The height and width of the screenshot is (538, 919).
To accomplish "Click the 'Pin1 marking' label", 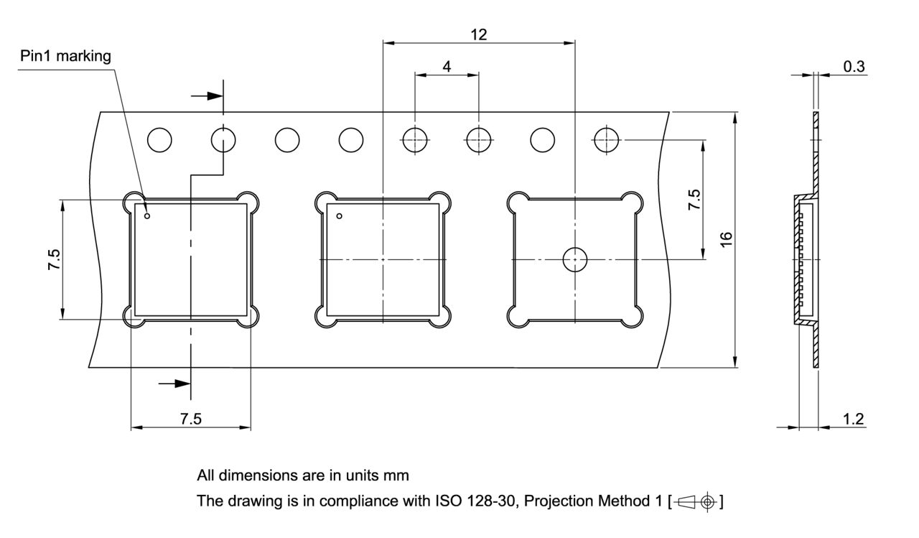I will click(x=65, y=57).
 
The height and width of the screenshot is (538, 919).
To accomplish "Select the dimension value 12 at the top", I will click(x=479, y=34).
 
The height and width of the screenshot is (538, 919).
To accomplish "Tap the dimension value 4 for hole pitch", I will click(x=447, y=66).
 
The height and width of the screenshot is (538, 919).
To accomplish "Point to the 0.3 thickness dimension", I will click(x=854, y=67).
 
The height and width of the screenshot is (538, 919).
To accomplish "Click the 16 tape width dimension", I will click(x=726, y=239).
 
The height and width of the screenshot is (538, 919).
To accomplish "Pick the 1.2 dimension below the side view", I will click(x=853, y=419).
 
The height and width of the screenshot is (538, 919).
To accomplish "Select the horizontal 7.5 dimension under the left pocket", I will click(x=190, y=419).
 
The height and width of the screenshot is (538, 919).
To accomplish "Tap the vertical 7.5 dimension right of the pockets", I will click(x=694, y=200).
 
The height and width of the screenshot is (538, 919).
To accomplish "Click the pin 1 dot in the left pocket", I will click(x=147, y=215).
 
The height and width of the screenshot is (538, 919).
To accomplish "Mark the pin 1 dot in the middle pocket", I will click(x=340, y=215).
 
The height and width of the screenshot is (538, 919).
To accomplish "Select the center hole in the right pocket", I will click(x=575, y=259).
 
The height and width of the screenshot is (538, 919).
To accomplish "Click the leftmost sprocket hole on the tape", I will click(x=159, y=139).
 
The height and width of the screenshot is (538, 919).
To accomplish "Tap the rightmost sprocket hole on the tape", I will click(x=607, y=139).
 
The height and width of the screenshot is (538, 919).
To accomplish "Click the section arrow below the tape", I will click(x=174, y=384).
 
